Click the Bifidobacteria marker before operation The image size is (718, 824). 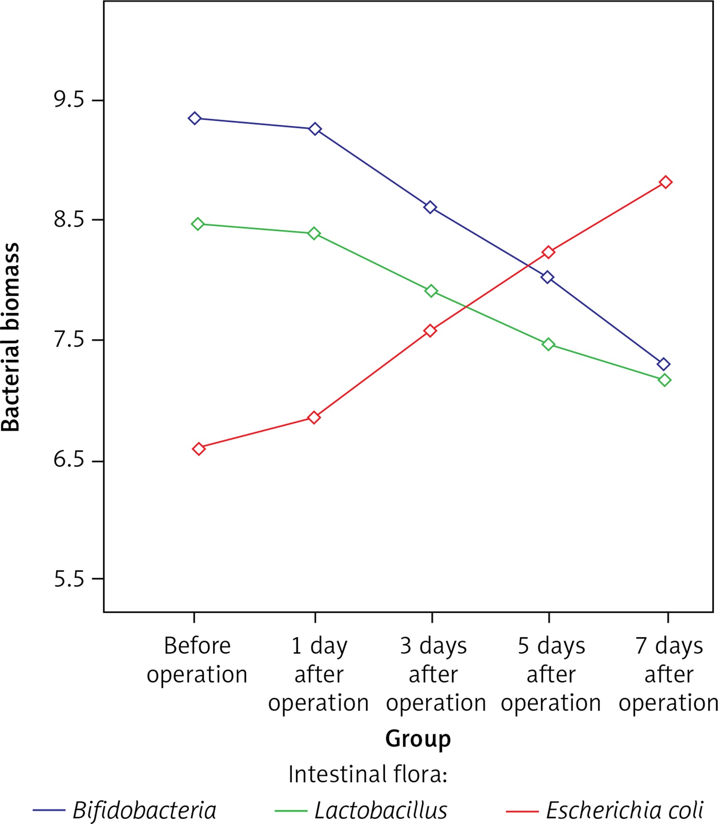(x=195, y=119)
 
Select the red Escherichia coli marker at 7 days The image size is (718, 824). (x=666, y=182)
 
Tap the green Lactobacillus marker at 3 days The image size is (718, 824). (x=431, y=291)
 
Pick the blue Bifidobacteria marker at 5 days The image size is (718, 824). (x=548, y=277)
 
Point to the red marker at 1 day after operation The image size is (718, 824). (x=314, y=418)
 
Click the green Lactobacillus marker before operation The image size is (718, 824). (x=198, y=224)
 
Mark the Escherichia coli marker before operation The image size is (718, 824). (x=199, y=449)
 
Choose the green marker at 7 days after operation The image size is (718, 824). (x=664, y=380)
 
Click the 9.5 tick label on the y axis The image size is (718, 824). (x=69, y=100)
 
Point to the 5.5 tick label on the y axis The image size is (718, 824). (x=69, y=579)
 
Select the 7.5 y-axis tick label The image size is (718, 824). (x=69, y=340)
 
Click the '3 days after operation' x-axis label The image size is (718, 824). (x=435, y=674)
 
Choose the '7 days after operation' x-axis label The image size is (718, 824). (x=668, y=674)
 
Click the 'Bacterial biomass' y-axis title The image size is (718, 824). (x=10, y=337)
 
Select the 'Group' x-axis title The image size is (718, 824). (x=418, y=738)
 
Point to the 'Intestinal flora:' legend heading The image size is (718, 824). (x=367, y=774)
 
